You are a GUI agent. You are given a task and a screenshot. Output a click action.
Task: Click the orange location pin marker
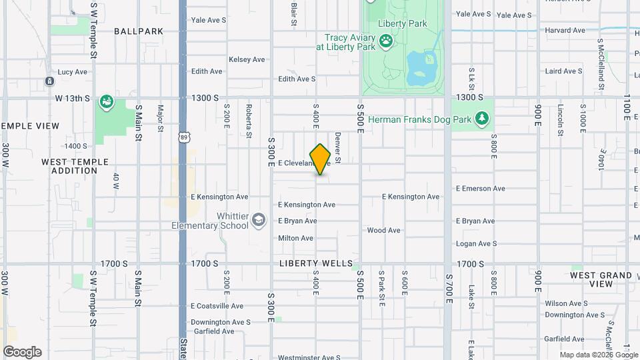pyautogui.click(x=320, y=159)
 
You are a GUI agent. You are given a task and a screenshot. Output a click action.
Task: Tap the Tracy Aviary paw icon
pyautogui.click(x=386, y=42)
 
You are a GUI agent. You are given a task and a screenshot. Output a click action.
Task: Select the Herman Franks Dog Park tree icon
pyautogui.click(x=483, y=119)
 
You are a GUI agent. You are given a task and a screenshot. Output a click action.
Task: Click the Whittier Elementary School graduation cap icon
pyautogui.click(x=257, y=221)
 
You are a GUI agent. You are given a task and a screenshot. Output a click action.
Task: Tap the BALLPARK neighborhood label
pyautogui.click(x=139, y=31)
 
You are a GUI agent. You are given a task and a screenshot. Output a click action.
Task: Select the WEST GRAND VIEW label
pyautogui.click(x=601, y=279)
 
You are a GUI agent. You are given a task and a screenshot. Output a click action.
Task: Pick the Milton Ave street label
pyautogui.click(x=295, y=238)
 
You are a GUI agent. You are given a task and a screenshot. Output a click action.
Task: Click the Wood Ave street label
pyautogui.click(x=384, y=231)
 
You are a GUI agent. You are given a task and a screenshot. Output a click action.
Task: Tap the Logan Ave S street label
pyautogui.click(x=476, y=244)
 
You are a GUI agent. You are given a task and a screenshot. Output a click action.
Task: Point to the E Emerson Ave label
pyautogui.click(x=480, y=189)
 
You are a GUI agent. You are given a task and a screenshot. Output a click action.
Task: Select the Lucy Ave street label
pyautogui.click(x=73, y=72)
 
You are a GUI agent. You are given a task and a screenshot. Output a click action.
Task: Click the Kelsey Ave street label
pyautogui.click(x=247, y=59)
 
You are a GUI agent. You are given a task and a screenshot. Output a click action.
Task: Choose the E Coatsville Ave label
pyautogui.click(x=217, y=306)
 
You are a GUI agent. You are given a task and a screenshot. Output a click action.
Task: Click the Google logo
pyautogui.click(x=22, y=352)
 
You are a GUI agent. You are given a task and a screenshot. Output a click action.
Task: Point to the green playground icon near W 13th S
pyautogui.click(x=106, y=102)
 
